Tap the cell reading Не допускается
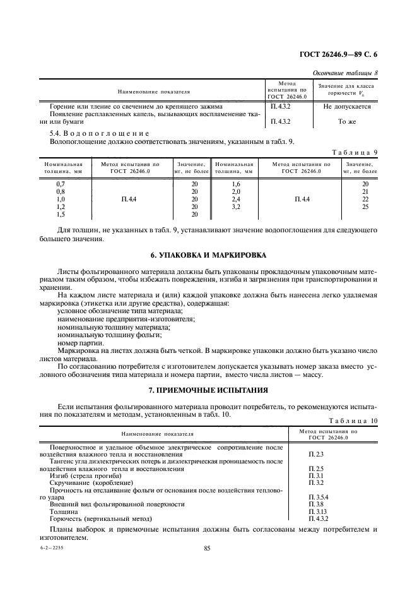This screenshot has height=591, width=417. [x=346, y=107]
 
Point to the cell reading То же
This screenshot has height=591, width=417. [x=346, y=121]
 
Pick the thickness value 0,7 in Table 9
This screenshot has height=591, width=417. [x=61, y=184]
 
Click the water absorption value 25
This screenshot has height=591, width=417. [x=365, y=206]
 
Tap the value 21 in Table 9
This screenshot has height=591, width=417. [x=365, y=191]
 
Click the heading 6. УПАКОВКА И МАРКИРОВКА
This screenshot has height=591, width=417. [x=208, y=255]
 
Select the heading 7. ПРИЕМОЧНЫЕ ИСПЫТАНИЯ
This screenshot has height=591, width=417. [x=208, y=391]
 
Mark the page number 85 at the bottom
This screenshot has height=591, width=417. [x=206, y=549]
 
